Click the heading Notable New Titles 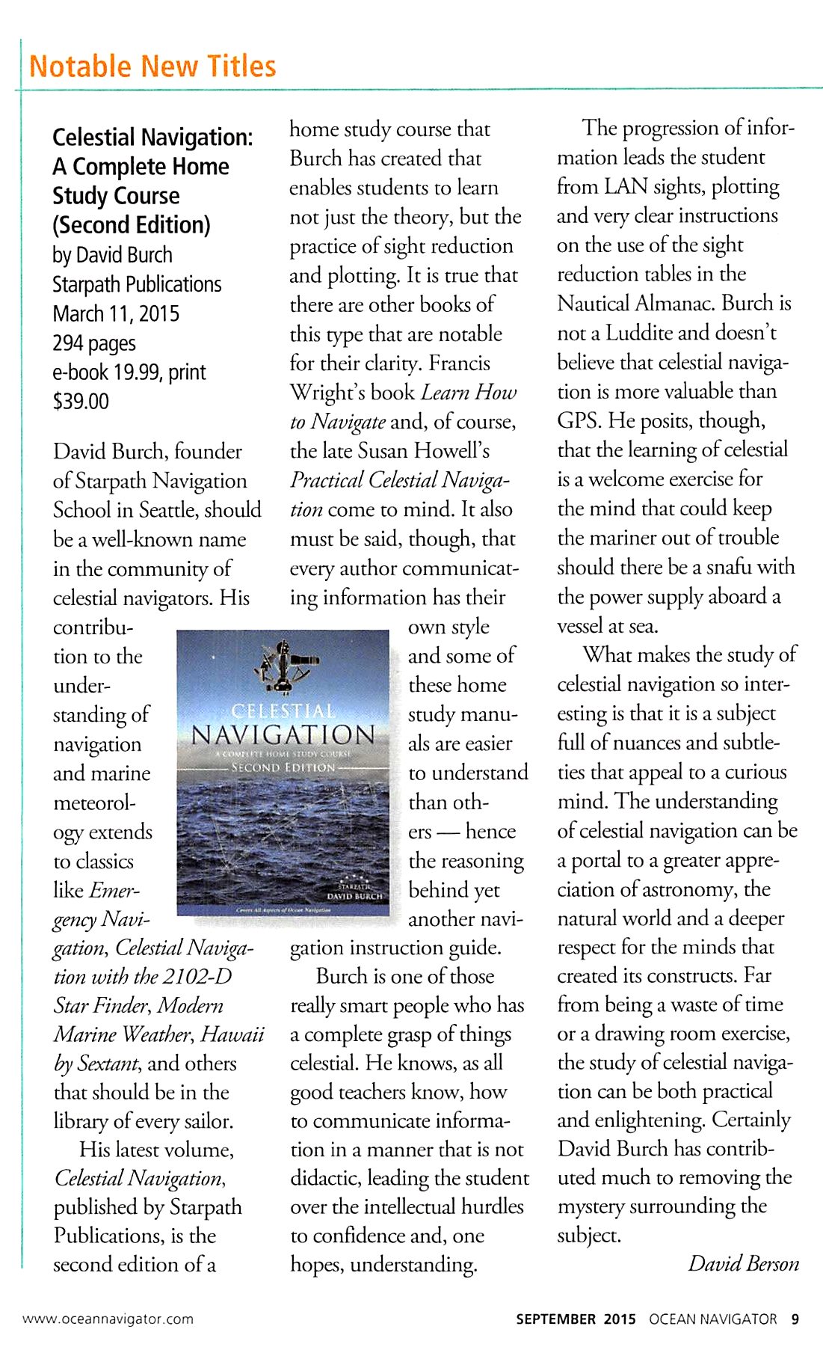point(152,67)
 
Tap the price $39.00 point(81,402)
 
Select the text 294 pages point(94,343)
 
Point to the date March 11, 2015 point(116,314)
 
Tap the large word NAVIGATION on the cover point(283,734)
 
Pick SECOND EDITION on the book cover point(283,767)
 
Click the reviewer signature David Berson point(743,1263)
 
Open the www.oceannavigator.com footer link point(108,1319)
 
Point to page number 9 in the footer point(795,1319)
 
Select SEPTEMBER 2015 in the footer point(576,1319)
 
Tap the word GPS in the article point(579,420)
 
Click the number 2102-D point(197,977)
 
